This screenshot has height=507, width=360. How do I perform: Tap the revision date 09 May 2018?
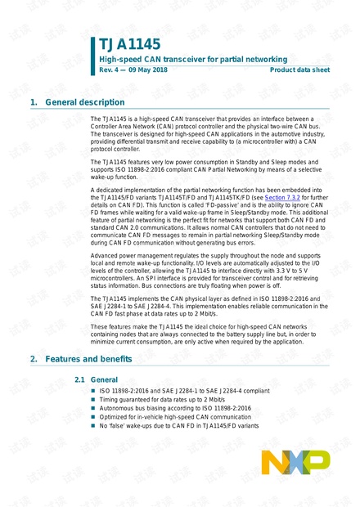149,71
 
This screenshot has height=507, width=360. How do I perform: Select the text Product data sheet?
299,71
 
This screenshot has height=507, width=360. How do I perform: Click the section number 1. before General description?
34,102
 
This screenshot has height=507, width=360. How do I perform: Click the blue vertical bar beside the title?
92,56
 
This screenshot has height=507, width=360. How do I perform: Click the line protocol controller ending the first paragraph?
115,150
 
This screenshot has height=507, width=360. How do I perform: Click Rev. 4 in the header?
109,71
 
